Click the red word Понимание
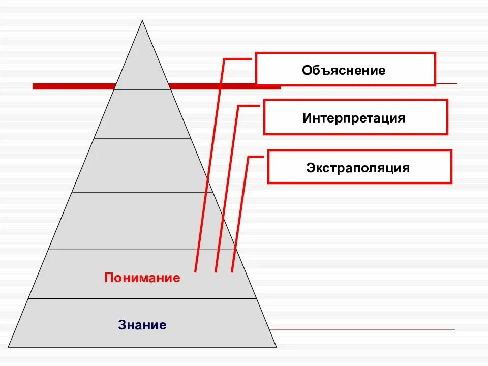[x=142, y=278]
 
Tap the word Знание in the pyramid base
[x=142, y=325]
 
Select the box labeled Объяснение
[x=345, y=69]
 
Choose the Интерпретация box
[x=355, y=118]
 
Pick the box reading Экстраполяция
[x=359, y=167]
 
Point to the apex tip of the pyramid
[x=142, y=21]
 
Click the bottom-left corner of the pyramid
[x=9, y=347]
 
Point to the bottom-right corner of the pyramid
[x=276, y=347]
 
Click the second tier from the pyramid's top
[x=142, y=114]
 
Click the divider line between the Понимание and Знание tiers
[x=142, y=299]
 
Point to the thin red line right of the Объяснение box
[x=447, y=83]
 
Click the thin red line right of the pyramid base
[x=366, y=330]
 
